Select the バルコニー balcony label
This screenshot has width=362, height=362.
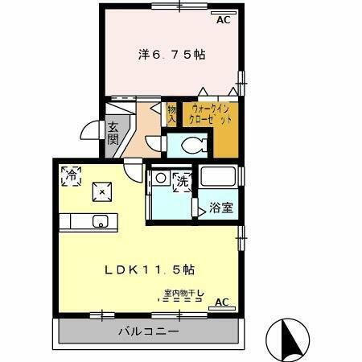148,331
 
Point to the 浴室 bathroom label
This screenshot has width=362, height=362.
221,208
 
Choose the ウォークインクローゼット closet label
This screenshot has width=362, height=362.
210,113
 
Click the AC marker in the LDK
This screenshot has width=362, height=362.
222,302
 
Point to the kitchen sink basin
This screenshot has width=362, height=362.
101,221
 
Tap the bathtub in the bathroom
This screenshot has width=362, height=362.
218,177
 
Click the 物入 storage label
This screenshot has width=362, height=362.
171,113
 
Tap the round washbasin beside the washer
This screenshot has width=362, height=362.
161,178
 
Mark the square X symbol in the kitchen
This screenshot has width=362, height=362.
101,191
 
